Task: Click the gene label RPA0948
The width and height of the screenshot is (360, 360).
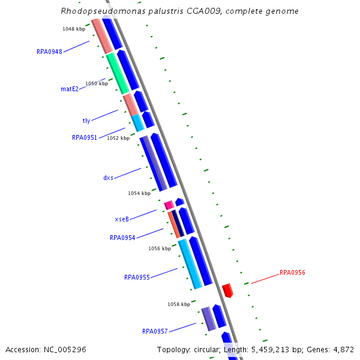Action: click(x=49, y=52)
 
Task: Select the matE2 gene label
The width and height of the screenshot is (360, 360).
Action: click(x=70, y=89)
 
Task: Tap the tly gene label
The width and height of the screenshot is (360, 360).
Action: click(x=86, y=121)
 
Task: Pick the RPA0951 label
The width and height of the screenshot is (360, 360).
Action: click(x=85, y=137)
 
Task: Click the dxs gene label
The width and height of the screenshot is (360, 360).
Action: click(x=108, y=178)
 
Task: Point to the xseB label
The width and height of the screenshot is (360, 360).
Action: click(x=122, y=219)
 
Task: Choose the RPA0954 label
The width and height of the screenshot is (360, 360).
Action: click(x=122, y=238)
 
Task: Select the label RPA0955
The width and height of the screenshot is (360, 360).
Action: click(x=137, y=277)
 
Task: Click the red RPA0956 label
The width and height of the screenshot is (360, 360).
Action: click(x=292, y=272)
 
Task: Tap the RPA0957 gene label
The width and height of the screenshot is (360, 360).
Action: click(x=155, y=331)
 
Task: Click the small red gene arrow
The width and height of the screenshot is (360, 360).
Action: click(x=227, y=290)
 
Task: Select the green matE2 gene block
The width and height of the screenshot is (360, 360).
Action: click(x=118, y=73)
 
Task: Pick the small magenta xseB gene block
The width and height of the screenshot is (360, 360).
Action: click(x=169, y=205)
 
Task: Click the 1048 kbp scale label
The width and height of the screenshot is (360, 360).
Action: click(x=74, y=29)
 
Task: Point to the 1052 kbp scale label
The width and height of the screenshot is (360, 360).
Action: click(x=118, y=138)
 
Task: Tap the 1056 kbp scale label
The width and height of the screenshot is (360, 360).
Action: click(x=160, y=248)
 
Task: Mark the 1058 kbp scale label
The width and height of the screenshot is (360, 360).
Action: click(x=179, y=304)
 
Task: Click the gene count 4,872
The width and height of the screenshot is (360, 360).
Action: click(x=343, y=349)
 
